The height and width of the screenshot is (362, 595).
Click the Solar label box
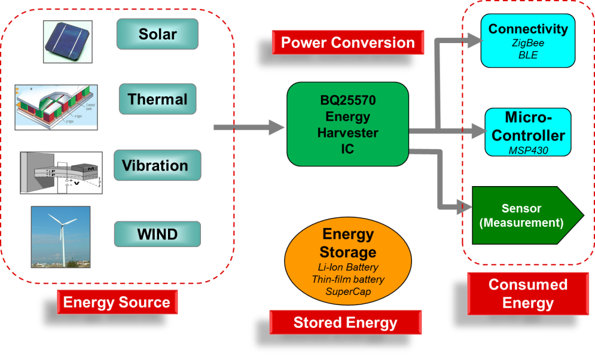point(157,34)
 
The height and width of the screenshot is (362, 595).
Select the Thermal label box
point(157,99)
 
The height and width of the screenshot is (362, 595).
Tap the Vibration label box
point(155,166)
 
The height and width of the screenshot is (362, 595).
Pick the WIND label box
point(157,233)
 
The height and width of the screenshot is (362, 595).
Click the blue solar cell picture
point(68,41)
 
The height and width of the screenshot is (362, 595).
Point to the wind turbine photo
point(60,237)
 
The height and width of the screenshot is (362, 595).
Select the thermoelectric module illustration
point(56,107)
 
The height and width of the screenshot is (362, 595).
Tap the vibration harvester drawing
point(61,172)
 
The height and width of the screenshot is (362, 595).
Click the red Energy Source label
point(117,302)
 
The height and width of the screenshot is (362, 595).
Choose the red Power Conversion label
point(347,42)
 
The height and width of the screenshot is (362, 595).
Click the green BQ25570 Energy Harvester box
point(348,124)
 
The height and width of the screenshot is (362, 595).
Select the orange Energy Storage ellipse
point(348,261)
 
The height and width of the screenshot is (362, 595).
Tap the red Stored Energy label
point(346,323)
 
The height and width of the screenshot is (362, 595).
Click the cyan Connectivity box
point(528,41)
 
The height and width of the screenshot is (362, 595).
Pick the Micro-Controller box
point(528,132)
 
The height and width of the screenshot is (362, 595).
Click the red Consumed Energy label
point(528,294)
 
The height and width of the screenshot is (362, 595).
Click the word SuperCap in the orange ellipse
point(348,292)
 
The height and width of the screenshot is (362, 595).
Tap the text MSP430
point(528,150)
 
